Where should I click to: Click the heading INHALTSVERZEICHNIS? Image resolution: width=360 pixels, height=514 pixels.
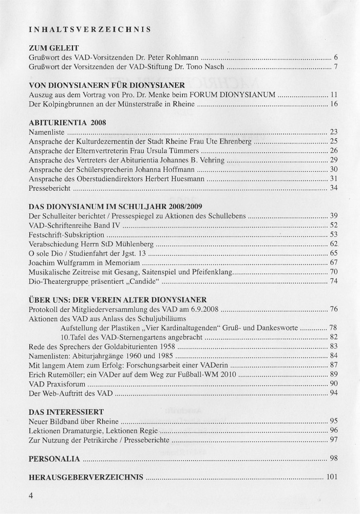coord(90,29)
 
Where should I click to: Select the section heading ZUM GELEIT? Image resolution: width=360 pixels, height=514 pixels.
coord(55,48)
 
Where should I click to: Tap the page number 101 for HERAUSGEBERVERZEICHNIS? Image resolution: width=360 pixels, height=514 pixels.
coord(331,476)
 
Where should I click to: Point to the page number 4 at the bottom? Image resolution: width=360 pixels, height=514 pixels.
coord(32,496)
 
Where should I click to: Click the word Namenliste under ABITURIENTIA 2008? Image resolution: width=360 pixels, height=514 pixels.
coord(46,132)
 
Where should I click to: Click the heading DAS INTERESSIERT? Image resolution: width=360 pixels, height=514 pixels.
coord(67,412)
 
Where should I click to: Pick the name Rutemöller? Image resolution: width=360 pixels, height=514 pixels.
coord(68,374)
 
